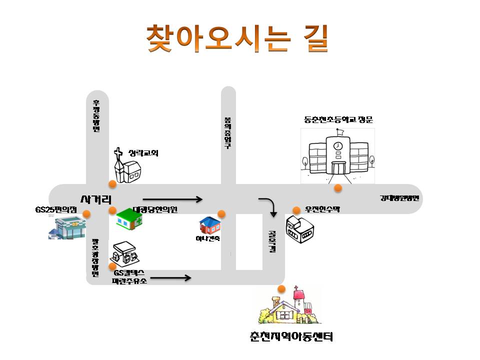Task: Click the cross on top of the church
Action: pyautogui.click(x=118, y=152)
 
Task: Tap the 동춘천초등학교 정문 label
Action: pyautogui.click(x=338, y=120)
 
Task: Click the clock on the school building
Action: pyautogui.click(x=338, y=145)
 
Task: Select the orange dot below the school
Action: pyautogui.click(x=338, y=188)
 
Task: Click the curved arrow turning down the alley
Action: pyautogui.click(x=268, y=206)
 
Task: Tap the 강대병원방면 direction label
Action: pyautogui.click(x=399, y=198)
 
